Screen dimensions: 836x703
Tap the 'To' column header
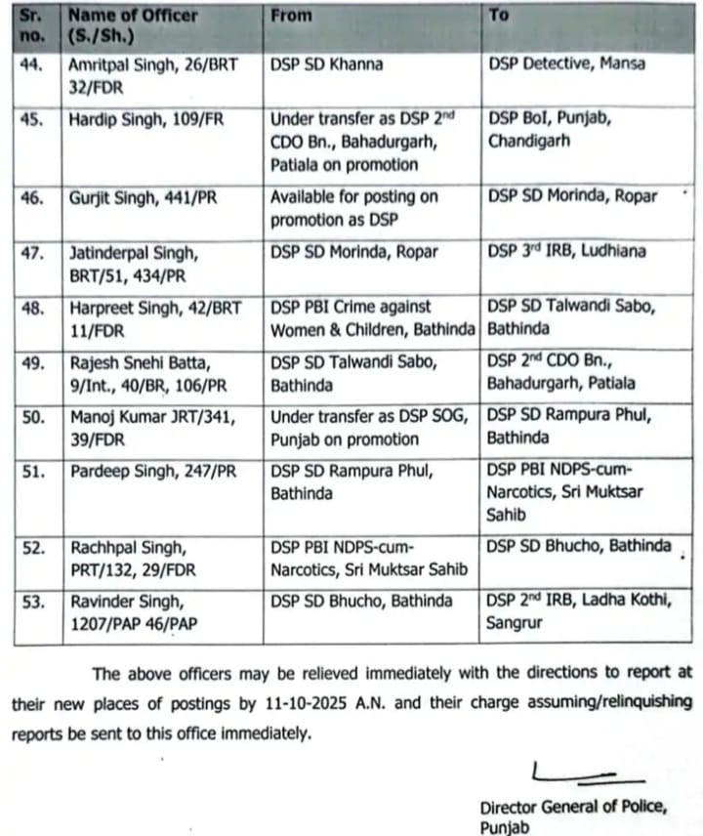click(498, 17)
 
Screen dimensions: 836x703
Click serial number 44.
click(32, 64)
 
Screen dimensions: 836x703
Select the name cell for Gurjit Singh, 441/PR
click(143, 197)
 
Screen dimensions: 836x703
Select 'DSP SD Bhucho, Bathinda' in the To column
click(579, 546)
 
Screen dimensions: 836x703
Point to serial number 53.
click(32, 602)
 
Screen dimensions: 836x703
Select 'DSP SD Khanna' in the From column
click(326, 64)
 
